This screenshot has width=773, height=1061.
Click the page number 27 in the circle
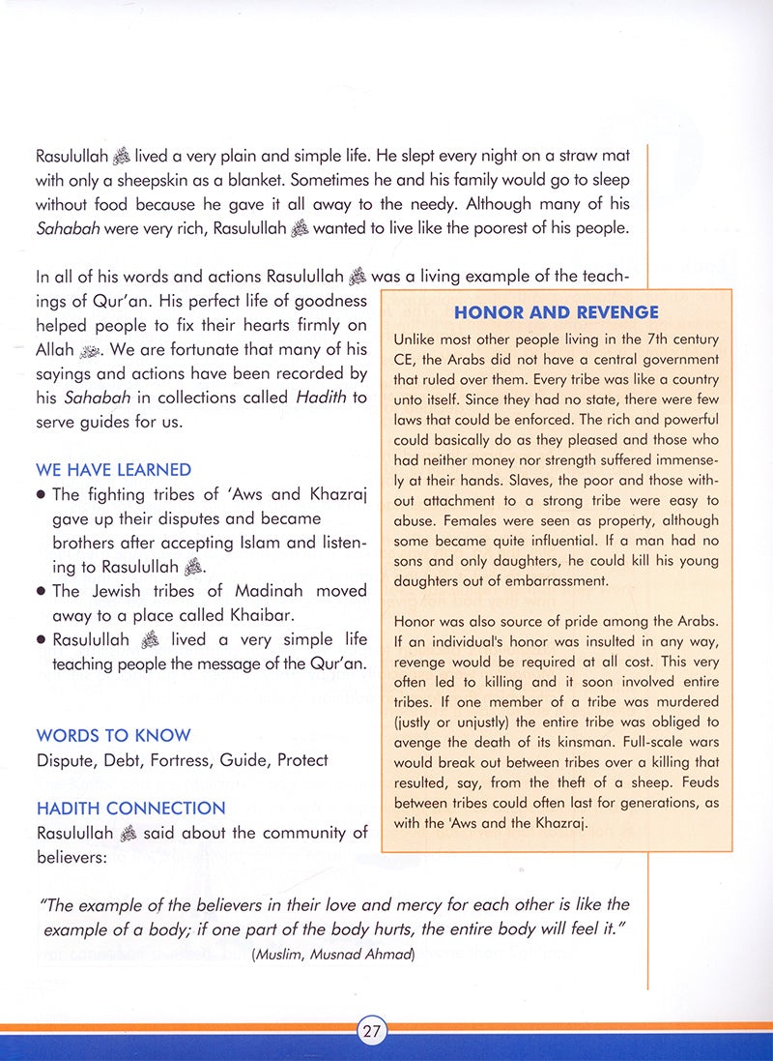(x=372, y=1031)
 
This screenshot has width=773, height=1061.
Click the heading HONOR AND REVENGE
(x=556, y=312)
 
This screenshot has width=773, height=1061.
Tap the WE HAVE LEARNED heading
(x=113, y=470)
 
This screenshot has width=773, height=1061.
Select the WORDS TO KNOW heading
(x=113, y=735)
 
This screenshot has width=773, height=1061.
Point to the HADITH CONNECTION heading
(x=130, y=808)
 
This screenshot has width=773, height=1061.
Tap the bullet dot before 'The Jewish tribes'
(x=42, y=591)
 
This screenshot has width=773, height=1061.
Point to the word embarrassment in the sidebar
(x=535, y=581)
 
